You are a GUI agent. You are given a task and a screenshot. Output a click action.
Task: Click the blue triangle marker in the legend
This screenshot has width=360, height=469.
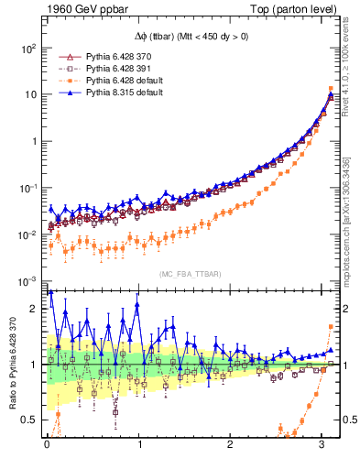pos(64,93)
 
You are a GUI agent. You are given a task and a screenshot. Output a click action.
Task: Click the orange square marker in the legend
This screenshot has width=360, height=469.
pos(64,81)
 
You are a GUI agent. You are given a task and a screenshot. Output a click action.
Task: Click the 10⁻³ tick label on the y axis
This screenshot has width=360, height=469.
pos(30,281)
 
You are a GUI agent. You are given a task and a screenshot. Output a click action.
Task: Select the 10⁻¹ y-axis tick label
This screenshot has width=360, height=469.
pos(30,188)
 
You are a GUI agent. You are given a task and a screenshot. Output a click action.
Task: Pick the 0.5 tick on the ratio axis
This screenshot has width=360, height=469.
pos(30,420)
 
